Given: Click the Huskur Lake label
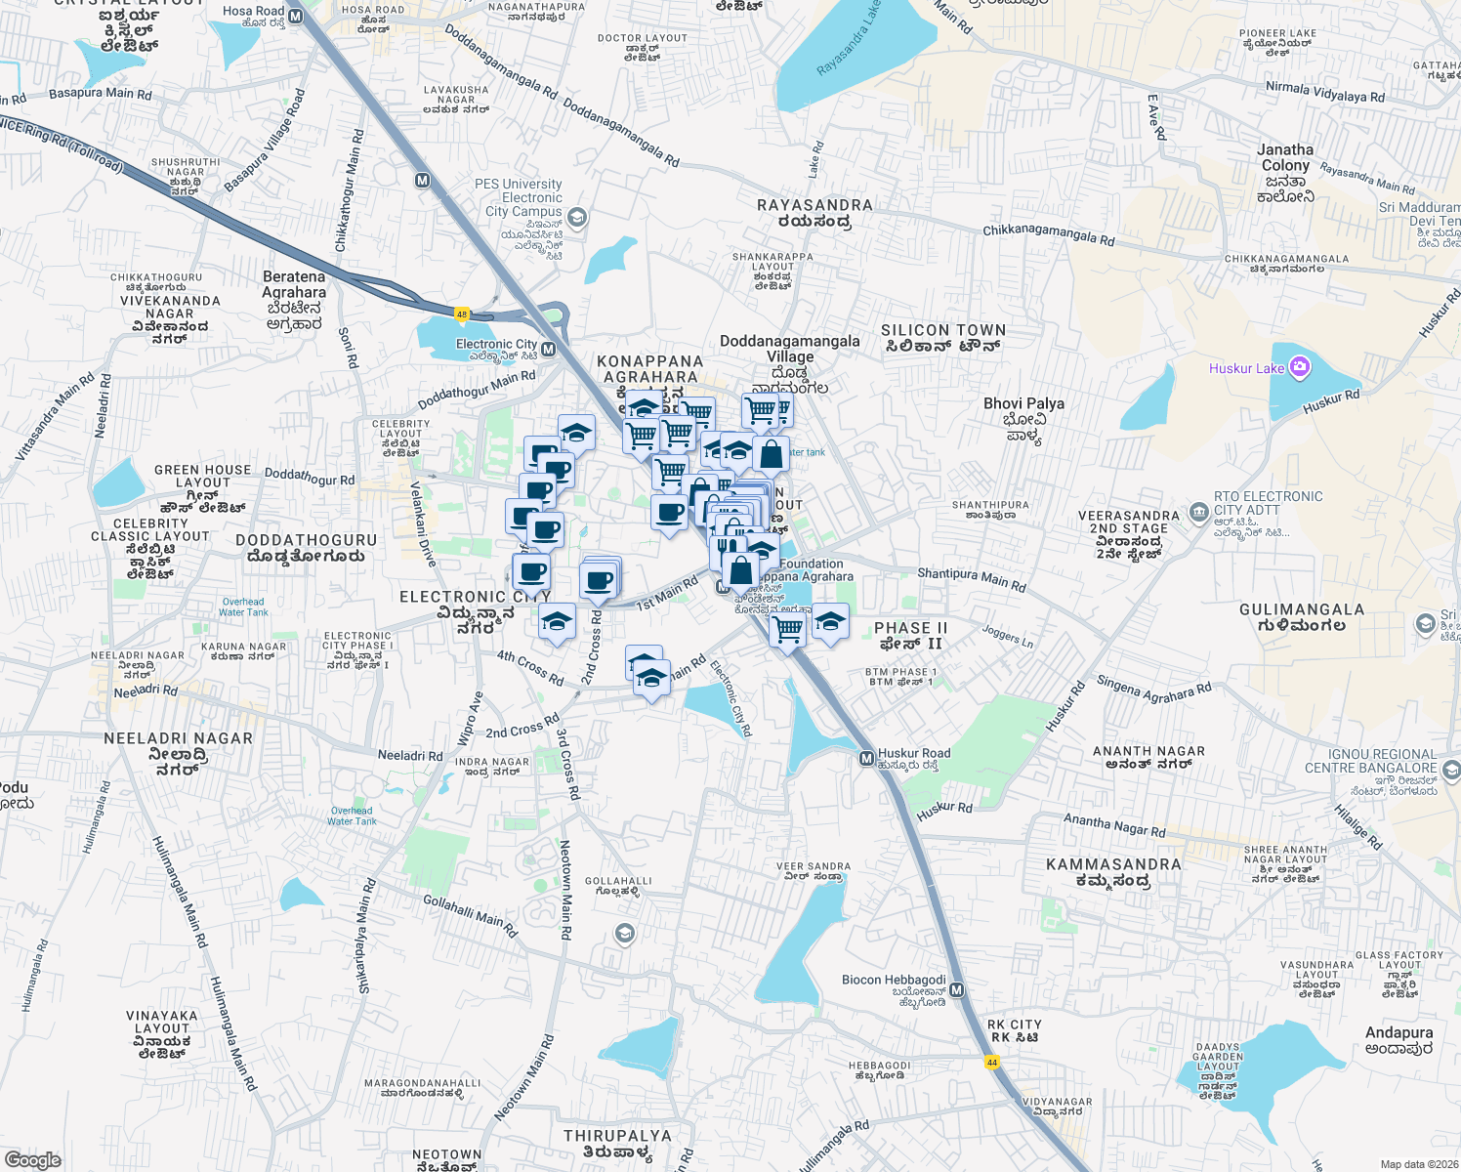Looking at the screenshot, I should pyautogui.click(x=1246, y=368).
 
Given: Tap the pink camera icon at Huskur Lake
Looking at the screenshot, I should pyautogui.click(x=1299, y=367).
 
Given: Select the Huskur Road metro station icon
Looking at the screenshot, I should pyautogui.click(x=866, y=758).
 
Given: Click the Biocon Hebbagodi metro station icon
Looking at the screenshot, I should pyautogui.click(x=956, y=990).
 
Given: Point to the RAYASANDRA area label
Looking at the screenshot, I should pyautogui.click(x=814, y=205).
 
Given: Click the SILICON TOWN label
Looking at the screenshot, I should pyautogui.click(x=942, y=331).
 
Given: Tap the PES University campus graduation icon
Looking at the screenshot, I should pyautogui.click(x=577, y=217).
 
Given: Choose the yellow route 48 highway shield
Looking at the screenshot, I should pyautogui.click(x=462, y=314).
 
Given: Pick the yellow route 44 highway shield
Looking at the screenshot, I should pyautogui.click(x=992, y=1062).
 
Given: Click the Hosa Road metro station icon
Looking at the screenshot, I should pyautogui.click(x=295, y=17).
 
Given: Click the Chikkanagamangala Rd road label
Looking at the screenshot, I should pyautogui.click(x=1048, y=234).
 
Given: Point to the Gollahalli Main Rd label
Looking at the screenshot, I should pyautogui.click(x=470, y=915).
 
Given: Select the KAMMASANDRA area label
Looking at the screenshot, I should pyautogui.click(x=1113, y=864).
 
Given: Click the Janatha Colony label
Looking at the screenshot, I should pyautogui.click(x=1285, y=158).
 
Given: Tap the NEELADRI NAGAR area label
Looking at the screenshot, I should pyautogui.click(x=178, y=738).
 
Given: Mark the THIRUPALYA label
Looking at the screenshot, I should pyautogui.click(x=617, y=1136).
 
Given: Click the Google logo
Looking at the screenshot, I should pyautogui.click(x=32, y=1160).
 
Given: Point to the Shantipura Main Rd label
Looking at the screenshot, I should pyautogui.click(x=972, y=578).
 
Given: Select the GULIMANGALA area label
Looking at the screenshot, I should pyautogui.click(x=1302, y=609).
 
